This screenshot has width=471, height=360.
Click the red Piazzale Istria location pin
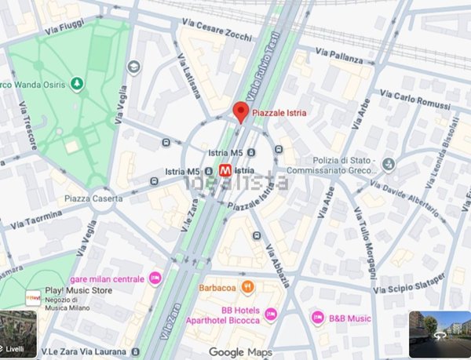[241, 111]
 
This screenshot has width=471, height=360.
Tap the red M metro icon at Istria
[225, 169]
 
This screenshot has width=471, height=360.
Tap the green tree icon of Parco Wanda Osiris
[77, 82]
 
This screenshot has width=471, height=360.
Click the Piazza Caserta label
[92, 198]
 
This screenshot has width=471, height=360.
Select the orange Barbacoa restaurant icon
[247, 286]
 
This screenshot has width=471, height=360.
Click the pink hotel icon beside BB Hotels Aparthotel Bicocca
[271, 314]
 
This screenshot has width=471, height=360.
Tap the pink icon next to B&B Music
[318, 318]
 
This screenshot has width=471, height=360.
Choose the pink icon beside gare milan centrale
[155, 278]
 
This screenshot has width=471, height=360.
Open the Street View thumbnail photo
[439, 334]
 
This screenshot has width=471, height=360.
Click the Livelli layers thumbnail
[19, 334]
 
